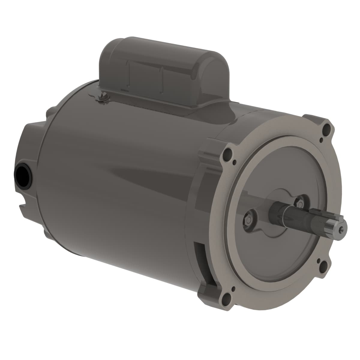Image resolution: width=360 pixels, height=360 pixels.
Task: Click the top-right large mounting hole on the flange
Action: coord(325,130)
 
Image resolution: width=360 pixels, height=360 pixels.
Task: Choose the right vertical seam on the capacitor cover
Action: coord(162,76)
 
